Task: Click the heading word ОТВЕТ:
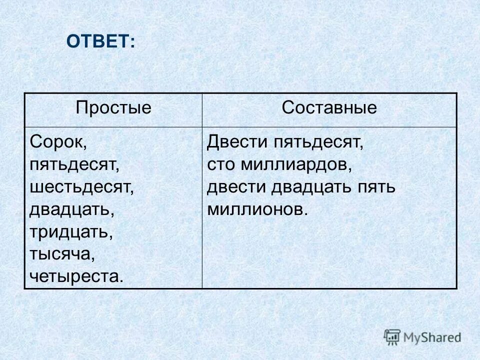(100, 41)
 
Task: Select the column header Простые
(113, 108)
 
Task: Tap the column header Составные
(329, 108)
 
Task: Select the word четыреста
(76, 276)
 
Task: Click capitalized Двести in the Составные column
(237, 141)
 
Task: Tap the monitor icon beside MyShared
(392, 336)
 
